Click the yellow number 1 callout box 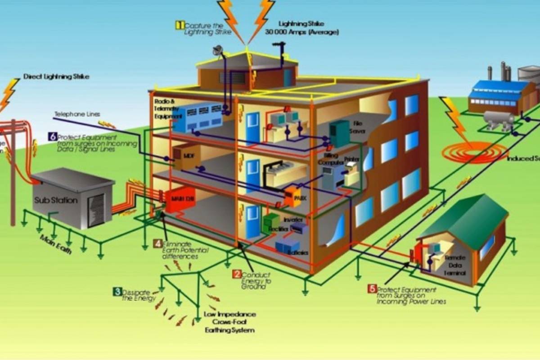[180, 25]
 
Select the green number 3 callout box [117, 292]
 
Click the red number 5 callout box [372, 289]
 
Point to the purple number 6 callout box [53, 137]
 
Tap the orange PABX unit [293, 197]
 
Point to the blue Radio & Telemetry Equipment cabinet [198, 116]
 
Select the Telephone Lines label [77, 114]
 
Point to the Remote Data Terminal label [455, 265]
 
